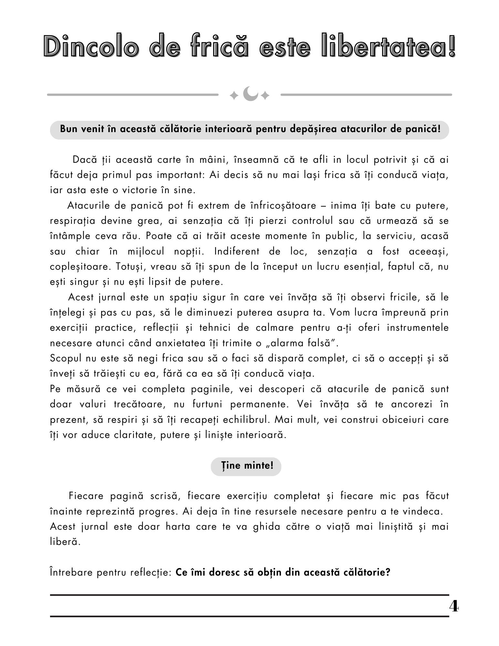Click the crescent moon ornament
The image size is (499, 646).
click(250, 94)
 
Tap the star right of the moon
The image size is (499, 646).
click(265, 96)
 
